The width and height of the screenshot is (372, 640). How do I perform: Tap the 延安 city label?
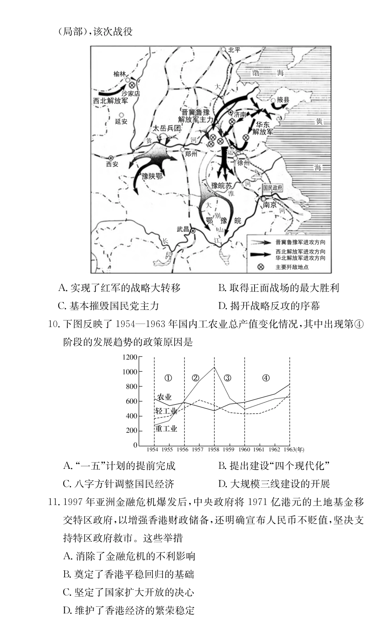[x=121, y=121]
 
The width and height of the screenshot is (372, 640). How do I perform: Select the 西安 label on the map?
[x=112, y=164]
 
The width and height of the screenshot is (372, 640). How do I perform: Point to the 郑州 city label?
[x=191, y=154]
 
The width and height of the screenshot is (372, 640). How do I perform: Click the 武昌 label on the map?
[x=182, y=229]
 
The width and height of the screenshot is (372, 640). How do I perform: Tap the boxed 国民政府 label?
[x=273, y=188]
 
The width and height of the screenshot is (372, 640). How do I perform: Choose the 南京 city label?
[x=270, y=204]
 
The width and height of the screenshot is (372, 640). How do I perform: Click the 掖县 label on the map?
[x=283, y=100]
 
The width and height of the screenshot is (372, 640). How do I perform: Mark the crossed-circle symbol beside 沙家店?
[x=132, y=85]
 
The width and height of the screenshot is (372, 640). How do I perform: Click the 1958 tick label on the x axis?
[x=214, y=449]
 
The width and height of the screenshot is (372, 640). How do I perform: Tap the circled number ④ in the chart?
[x=266, y=378]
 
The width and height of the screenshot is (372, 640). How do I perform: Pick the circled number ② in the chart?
[x=195, y=378]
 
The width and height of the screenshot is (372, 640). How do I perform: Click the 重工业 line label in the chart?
[x=166, y=428]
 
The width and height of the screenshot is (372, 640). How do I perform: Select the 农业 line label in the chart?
[x=164, y=397]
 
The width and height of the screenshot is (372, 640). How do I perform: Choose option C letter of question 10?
[x=67, y=484]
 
